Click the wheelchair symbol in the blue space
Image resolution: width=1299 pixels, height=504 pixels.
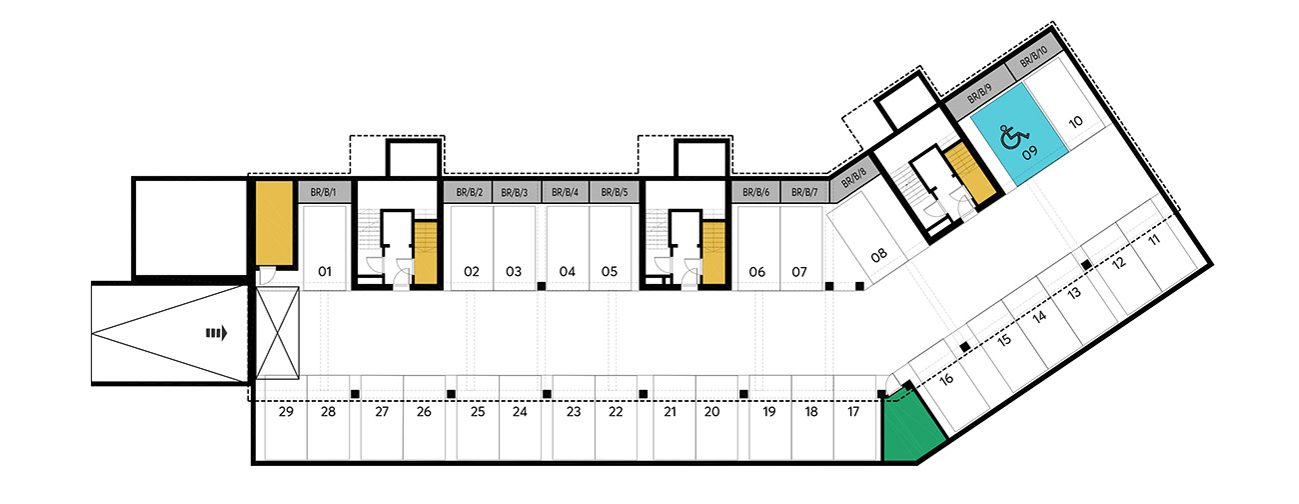pyautogui.click(x=1012, y=138)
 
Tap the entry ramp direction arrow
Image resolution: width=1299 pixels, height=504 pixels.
pyautogui.click(x=216, y=333)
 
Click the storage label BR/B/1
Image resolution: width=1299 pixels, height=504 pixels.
pyautogui.click(x=323, y=192)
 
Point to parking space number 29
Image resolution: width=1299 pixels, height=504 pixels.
pyautogui.click(x=286, y=412)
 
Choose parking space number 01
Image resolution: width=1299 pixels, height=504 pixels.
pyautogui.click(x=325, y=271)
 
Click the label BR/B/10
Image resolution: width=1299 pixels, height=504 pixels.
pyautogui.click(x=1033, y=57)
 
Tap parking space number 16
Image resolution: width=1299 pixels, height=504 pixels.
pyautogui.click(x=946, y=379)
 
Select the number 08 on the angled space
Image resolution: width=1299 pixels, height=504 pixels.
pyautogui.click(x=878, y=254)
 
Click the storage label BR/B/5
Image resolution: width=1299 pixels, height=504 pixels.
pyautogui.click(x=615, y=192)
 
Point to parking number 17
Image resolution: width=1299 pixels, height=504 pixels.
pyautogui.click(x=853, y=412)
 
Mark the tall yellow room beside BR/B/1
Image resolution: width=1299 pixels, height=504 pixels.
pyautogui.click(x=275, y=224)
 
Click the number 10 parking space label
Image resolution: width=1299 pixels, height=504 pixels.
pyautogui.click(x=1076, y=121)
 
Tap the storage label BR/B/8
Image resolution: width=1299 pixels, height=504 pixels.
pyautogui.click(x=853, y=178)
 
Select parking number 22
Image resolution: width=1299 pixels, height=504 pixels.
pyautogui.click(x=616, y=412)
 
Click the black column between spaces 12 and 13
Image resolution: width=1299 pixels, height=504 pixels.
pyautogui.click(x=1087, y=265)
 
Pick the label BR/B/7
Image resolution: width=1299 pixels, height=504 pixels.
pyautogui.click(x=804, y=192)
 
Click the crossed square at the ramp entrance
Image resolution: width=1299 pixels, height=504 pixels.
pyautogui.click(x=277, y=333)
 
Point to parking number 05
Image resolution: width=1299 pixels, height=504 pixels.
pyautogui.click(x=609, y=271)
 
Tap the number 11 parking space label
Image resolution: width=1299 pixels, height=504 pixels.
pyautogui.click(x=1154, y=239)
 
